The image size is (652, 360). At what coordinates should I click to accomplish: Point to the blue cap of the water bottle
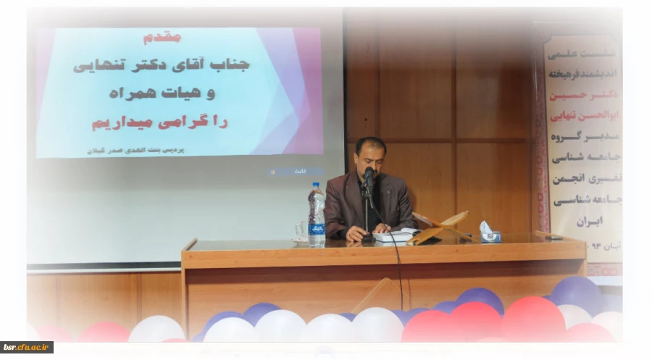(x=316, y=185)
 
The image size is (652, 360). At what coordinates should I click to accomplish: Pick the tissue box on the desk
(x=489, y=233)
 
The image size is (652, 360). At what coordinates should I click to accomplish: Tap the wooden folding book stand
(x=442, y=226)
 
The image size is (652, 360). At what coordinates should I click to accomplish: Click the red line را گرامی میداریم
(x=160, y=122)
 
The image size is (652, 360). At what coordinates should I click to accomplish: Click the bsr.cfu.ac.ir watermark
(x=26, y=348)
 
